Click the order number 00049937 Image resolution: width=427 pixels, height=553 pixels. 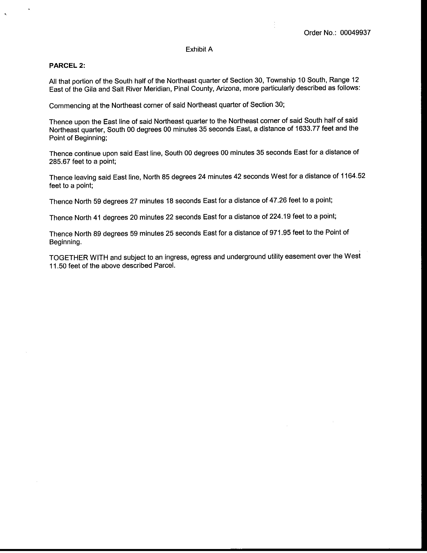[x=355, y=33]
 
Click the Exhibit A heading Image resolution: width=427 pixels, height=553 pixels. [x=199, y=49]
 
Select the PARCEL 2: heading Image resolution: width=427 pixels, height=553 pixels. [x=67, y=66]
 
